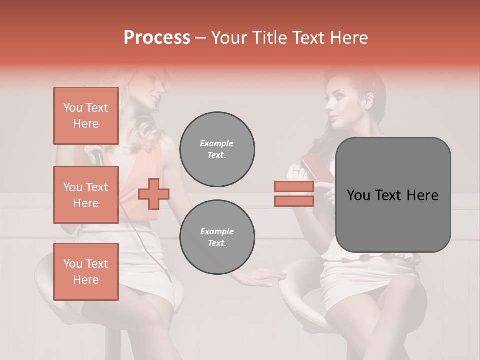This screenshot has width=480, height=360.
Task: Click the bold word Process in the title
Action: [x=157, y=38]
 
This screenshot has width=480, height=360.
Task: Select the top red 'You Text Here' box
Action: [x=86, y=116]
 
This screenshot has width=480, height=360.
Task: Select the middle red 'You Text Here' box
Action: [x=86, y=195]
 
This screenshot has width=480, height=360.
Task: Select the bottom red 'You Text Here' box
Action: [x=86, y=271]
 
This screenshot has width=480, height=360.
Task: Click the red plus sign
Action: [x=154, y=194]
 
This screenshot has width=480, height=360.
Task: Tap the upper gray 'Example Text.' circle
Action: [x=217, y=149]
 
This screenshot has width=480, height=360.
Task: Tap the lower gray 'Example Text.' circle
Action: [x=217, y=237]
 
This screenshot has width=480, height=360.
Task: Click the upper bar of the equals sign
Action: [x=294, y=187]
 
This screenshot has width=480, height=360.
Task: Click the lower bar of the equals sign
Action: [x=294, y=201]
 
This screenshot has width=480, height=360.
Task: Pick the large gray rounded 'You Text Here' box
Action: [x=393, y=195]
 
